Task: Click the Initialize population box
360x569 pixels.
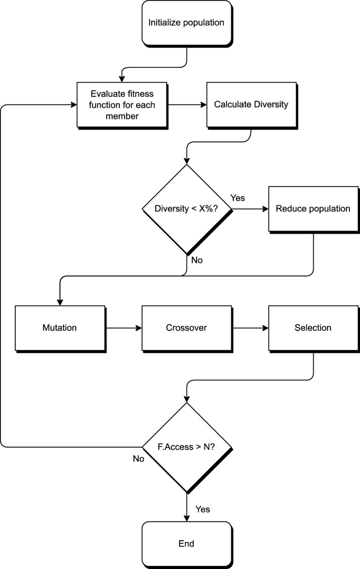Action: (186, 23)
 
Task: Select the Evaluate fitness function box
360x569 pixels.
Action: (121, 105)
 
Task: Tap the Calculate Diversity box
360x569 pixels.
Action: (251, 105)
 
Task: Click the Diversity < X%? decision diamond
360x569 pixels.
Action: (187, 209)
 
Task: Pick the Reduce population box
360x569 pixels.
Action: (313, 209)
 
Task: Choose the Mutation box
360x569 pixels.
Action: (59, 328)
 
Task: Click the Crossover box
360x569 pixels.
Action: (187, 328)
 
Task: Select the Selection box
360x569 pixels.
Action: (313, 328)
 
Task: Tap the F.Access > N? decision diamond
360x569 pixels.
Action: (187, 448)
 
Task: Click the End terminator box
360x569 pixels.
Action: (186, 544)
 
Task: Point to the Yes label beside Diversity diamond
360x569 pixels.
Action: (238, 198)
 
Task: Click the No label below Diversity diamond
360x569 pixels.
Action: (197, 260)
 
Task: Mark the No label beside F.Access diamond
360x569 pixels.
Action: (139, 458)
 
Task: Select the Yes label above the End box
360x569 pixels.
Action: (203, 509)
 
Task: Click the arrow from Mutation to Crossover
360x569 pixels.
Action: (124, 328)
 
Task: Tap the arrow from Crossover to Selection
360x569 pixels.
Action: (251, 328)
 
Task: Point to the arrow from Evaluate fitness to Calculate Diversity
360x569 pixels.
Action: (188, 105)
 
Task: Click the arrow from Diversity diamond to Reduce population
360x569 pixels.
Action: (250, 209)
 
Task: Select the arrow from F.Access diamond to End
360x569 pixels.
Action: (187, 507)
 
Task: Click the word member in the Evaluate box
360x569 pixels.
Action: (121, 116)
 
